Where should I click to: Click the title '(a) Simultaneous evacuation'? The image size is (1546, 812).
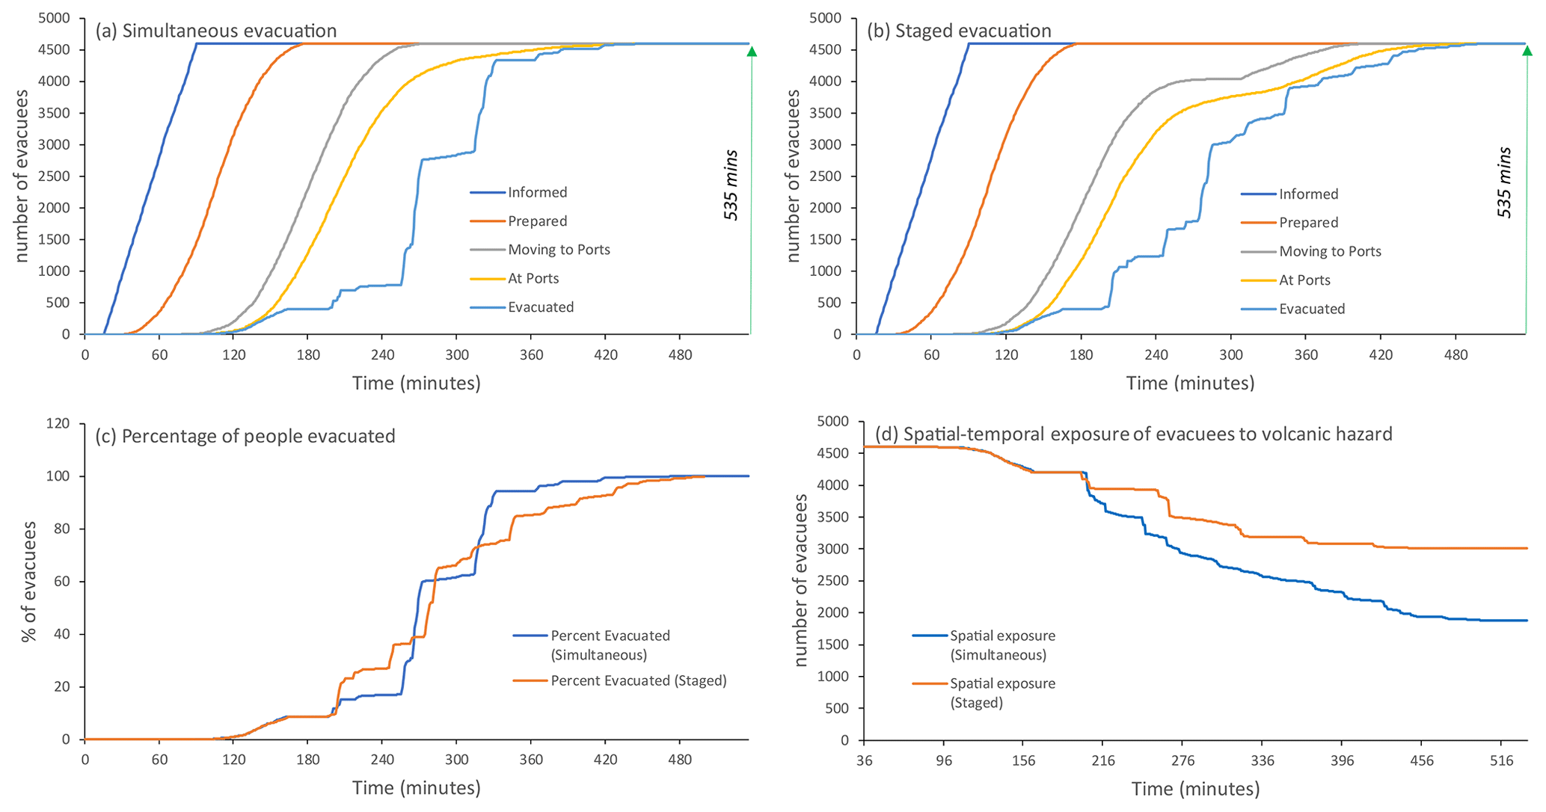pyautogui.click(x=215, y=31)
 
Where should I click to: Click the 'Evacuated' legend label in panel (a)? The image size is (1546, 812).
pyautogui.click(x=541, y=307)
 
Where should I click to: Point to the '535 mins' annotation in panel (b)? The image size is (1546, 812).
pyautogui.click(x=1504, y=182)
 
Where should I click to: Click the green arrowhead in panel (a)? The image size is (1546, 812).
pyautogui.click(x=752, y=52)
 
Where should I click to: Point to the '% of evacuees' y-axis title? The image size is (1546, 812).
pyautogui.click(x=28, y=582)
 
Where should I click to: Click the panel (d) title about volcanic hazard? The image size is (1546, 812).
pyautogui.click(x=1133, y=434)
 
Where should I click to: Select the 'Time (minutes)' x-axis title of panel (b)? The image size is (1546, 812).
pyautogui.click(x=1190, y=384)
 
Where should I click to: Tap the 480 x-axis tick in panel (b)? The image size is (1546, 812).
pyautogui.click(x=1455, y=354)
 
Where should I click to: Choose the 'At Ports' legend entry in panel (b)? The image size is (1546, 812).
pyautogui.click(x=1304, y=280)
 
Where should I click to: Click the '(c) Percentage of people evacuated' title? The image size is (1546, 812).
pyautogui.click(x=245, y=436)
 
